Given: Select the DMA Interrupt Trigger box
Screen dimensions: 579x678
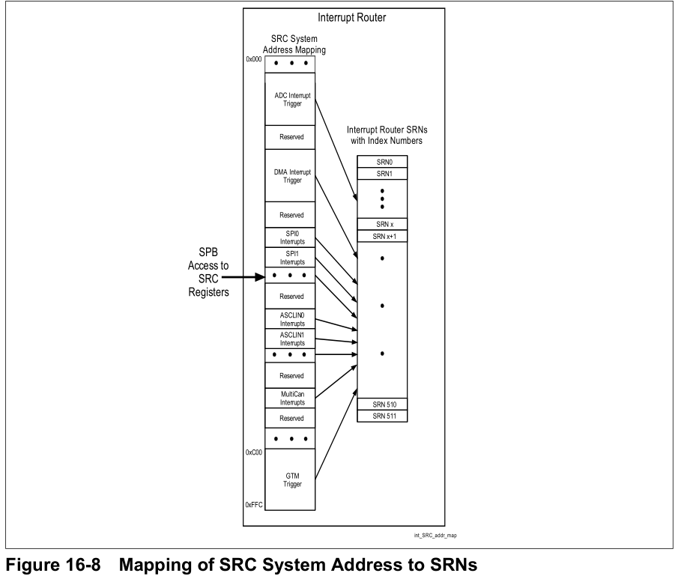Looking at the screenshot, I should click(290, 176).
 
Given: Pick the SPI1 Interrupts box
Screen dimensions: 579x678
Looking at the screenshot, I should click(290, 257).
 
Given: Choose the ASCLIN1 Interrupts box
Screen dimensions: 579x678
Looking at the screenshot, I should click(290, 338).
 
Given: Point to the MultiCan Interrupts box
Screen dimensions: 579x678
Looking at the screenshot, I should click(290, 398).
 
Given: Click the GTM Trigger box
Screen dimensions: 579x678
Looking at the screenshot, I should click(290, 480).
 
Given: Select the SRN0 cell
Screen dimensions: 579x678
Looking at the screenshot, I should click(382, 162).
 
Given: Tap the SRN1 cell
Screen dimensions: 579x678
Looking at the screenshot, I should click(382, 174).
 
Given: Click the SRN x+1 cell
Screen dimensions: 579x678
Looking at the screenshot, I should click(382, 237).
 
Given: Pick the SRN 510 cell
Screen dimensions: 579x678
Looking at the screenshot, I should click(382, 404).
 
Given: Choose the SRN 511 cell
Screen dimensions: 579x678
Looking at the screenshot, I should click(382, 416).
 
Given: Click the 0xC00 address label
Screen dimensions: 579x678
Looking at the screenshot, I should click(254, 452).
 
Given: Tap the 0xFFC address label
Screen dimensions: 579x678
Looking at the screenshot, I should click(254, 506).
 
